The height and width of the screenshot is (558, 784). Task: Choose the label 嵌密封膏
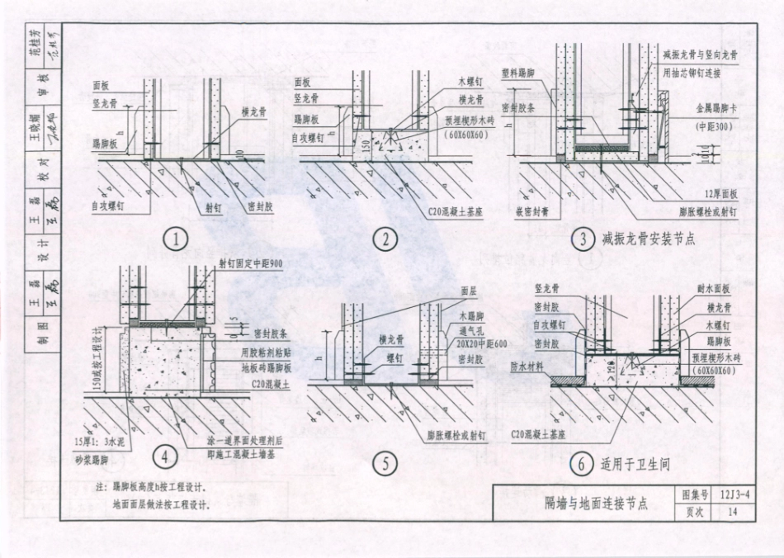click(x=530, y=211)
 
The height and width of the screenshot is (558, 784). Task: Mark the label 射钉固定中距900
click(x=251, y=263)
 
